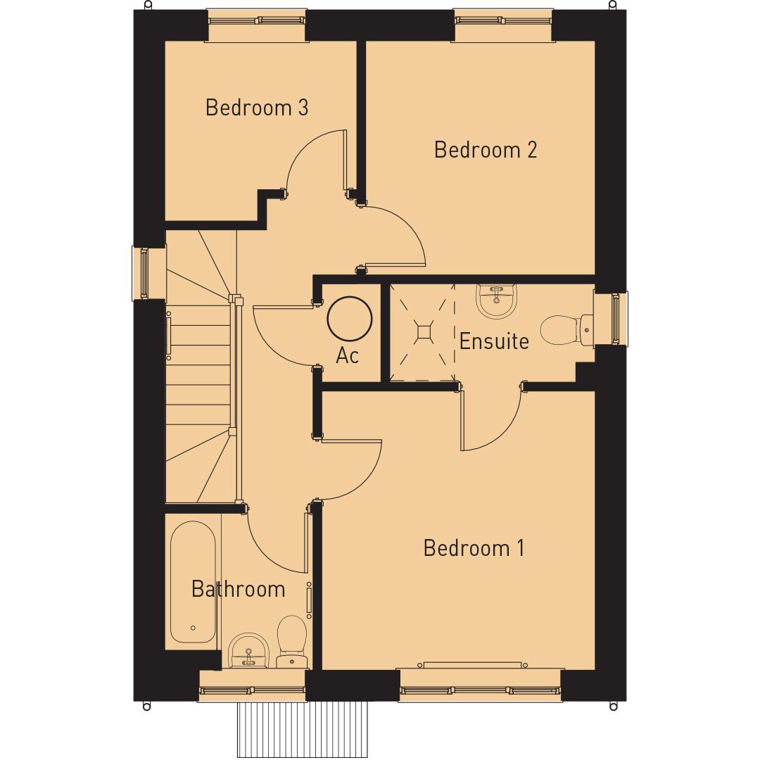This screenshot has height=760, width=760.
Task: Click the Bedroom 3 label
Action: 257,108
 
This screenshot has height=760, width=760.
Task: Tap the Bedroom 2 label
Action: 486,150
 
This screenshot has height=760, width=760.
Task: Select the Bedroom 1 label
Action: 474,547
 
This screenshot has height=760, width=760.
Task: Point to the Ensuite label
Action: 494,341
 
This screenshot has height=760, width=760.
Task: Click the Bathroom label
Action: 238,589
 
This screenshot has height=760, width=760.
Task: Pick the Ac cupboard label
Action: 348,356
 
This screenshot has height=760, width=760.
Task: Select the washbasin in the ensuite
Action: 498,300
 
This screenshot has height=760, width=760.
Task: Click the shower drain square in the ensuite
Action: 424,332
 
